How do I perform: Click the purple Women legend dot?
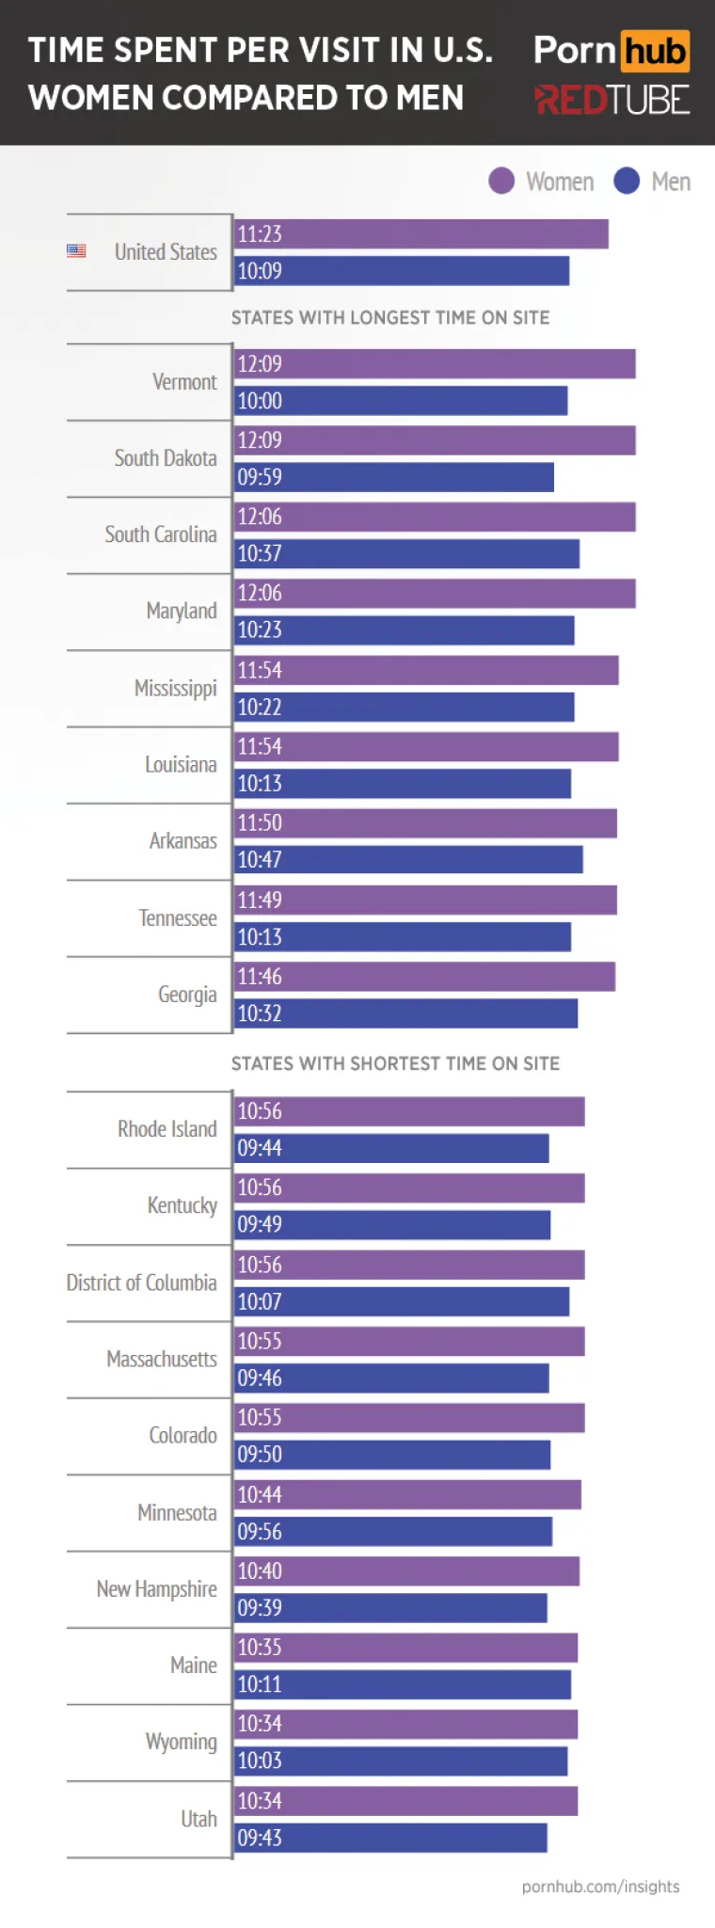(x=501, y=181)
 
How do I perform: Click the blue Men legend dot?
(x=627, y=181)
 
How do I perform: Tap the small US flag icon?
(x=76, y=251)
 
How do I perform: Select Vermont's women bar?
(x=434, y=364)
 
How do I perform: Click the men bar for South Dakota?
(x=393, y=477)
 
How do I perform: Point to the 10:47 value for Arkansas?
(x=260, y=860)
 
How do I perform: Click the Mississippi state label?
(x=175, y=688)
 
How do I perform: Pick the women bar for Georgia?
(x=424, y=977)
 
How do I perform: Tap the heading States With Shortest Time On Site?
(x=395, y=1063)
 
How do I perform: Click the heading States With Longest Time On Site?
(x=390, y=317)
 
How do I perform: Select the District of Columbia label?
(x=141, y=1283)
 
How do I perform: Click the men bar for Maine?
(x=402, y=1684)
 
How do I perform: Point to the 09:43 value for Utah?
(x=260, y=1838)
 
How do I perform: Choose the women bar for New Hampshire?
(x=406, y=1571)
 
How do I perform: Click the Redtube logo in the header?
(x=612, y=99)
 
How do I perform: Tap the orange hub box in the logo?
(x=655, y=51)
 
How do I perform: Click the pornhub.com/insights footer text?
(x=600, y=1887)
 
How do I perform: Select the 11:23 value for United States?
(x=260, y=234)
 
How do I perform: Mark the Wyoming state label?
(x=181, y=1742)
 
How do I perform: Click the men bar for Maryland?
(x=404, y=630)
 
